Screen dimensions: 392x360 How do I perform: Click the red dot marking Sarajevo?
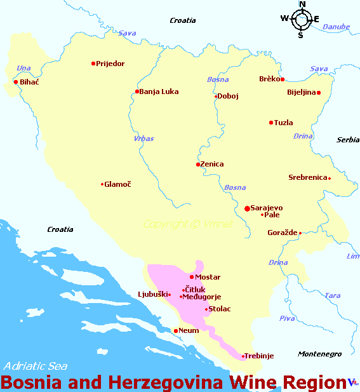point(247,208)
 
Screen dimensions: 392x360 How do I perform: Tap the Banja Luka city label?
point(159,91)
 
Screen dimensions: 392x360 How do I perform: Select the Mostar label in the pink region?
point(208,277)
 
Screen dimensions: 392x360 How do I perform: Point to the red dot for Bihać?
point(16,82)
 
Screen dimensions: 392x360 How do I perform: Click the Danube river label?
point(336,27)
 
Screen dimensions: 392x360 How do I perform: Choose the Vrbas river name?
point(144,138)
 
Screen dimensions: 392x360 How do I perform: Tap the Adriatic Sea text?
point(35,366)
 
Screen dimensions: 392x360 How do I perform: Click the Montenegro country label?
point(320,354)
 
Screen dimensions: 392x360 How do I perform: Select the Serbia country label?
point(348,140)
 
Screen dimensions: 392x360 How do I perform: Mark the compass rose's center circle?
point(301,19)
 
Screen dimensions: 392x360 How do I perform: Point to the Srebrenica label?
point(307,178)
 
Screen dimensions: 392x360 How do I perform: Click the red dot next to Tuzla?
point(271,123)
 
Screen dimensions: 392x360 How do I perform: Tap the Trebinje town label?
point(259,356)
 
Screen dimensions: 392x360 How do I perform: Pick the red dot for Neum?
point(176,330)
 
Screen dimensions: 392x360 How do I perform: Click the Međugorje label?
point(202,296)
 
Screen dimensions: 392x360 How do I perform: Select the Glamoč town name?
point(117,184)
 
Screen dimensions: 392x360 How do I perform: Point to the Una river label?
point(23,68)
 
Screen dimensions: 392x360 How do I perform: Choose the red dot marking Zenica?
point(198,165)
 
